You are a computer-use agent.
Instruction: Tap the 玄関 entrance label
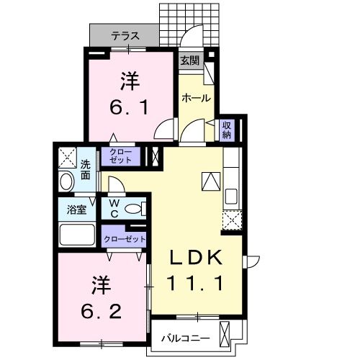(x=189, y=61)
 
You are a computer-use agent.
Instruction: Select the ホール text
(x=196, y=97)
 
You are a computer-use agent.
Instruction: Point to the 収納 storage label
(x=226, y=129)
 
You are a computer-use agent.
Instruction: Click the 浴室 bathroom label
(x=76, y=210)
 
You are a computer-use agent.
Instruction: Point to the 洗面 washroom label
(x=85, y=169)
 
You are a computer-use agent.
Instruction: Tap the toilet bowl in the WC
(x=133, y=210)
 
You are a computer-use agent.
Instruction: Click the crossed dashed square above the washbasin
(x=67, y=156)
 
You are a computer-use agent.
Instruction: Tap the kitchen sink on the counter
(x=232, y=196)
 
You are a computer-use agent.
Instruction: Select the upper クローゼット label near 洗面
(x=121, y=156)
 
